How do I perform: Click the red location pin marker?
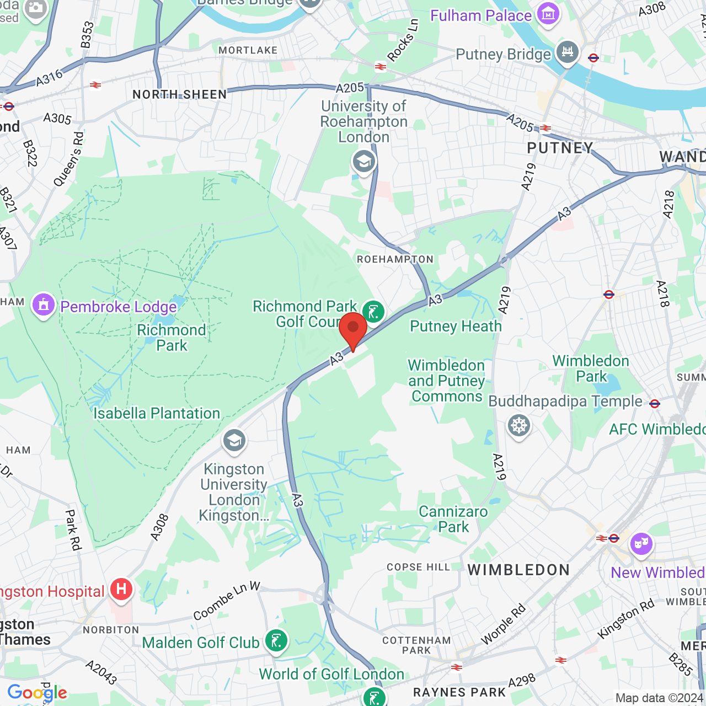click(x=353, y=329)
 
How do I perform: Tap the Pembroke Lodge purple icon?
click(x=44, y=304)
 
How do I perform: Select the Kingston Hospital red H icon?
click(x=121, y=590)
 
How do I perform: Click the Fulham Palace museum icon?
click(x=548, y=14)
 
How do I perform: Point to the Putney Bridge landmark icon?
click(x=567, y=52)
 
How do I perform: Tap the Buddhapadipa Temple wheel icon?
click(x=518, y=426)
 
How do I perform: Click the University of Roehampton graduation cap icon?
click(x=364, y=162)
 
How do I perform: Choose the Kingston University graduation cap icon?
click(x=234, y=440)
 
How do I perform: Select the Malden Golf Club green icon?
click(x=276, y=641)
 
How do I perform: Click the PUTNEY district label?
click(x=560, y=148)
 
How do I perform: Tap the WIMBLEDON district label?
click(x=518, y=570)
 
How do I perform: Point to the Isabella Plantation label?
click(x=157, y=413)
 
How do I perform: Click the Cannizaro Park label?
click(x=453, y=519)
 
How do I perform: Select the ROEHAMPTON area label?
click(x=395, y=259)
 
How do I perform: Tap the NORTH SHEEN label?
click(x=180, y=94)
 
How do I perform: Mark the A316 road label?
click(x=50, y=78)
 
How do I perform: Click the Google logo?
click(x=37, y=693)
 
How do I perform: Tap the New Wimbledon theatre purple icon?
click(x=641, y=544)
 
